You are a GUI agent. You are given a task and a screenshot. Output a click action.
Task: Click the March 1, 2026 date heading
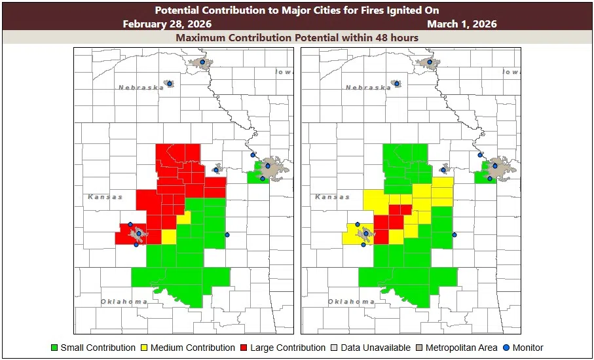pos(462,24)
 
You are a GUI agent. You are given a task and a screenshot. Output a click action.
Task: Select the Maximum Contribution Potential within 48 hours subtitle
pos(297,37)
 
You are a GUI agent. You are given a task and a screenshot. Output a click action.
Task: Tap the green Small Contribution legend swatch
pos(54,348)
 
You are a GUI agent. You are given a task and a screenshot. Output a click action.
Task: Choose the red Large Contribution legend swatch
pos(244,348)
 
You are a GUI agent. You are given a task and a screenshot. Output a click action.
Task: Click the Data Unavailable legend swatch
pos(334,348)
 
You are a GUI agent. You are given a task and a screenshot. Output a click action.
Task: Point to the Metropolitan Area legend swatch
pos(419,348)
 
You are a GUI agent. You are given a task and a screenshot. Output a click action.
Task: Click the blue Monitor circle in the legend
pos(506,348)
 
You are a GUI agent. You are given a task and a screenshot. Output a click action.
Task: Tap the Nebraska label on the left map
pos(140,87)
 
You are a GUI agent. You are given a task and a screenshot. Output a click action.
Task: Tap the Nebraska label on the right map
pos(367,87)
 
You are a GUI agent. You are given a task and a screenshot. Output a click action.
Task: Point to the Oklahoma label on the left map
pos(124,301)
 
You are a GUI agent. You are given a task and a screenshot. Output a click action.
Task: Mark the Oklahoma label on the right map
pos(351,301)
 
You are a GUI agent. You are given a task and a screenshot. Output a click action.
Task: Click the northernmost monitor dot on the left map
pos(202,62)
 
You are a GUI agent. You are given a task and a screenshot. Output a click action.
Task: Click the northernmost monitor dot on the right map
pos(430,62)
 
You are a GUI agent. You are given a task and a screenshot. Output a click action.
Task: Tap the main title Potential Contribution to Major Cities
pos(297,10)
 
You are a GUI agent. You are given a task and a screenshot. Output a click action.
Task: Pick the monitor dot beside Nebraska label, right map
pos(396,84)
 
